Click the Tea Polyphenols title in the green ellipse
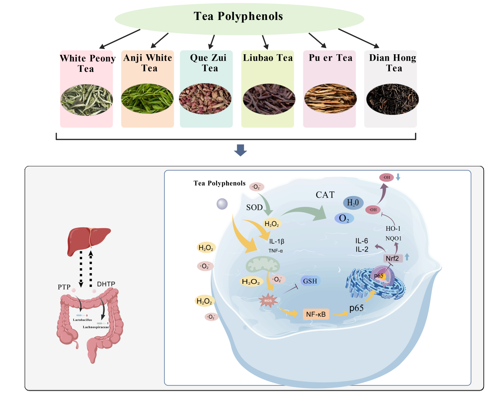click(238, 16)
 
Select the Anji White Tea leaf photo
click(147, 99)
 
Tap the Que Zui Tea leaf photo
click(205, 99)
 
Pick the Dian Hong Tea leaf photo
click(393, 99)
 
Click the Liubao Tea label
click(268, 58)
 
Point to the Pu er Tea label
click(330, 58)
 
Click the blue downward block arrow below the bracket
click(240, 150)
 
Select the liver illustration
click(89, 241)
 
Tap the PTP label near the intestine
click(64, 287)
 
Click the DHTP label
click(106, 284)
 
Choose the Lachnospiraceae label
click(96, 327)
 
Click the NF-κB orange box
click(316, 314)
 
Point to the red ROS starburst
click(268, 301)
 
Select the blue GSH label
click(310, 281)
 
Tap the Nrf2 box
click(393, 258)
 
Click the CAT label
click(325, 195)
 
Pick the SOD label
click(254, 208)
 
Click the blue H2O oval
click(353, 203)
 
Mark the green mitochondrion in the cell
click(262, 264)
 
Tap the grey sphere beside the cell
click(222, 204)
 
